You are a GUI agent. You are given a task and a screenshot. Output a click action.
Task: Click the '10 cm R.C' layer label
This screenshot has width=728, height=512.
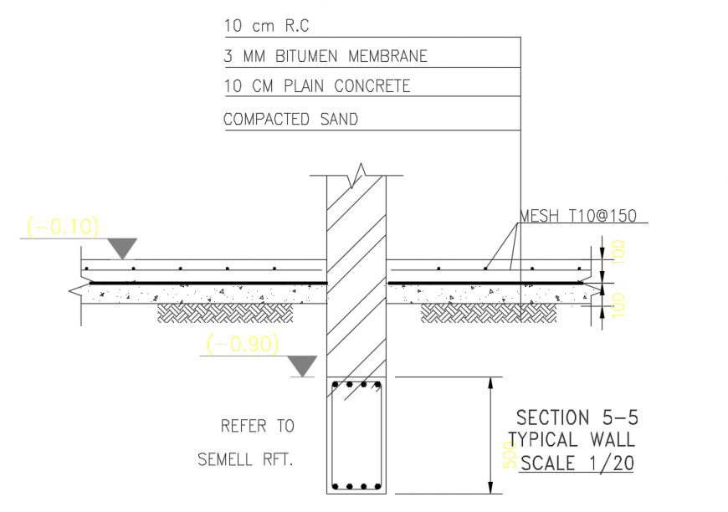[266, 26]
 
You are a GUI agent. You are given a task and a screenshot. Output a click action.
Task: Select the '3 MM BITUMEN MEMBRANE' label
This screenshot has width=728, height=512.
[326, 57]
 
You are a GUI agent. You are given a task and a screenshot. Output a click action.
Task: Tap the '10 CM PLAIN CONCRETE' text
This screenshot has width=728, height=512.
[317, 86]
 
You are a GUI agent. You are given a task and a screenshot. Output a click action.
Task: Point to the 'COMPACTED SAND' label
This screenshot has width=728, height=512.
[290, 120]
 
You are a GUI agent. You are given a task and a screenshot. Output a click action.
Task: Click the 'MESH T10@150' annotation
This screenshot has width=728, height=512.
[578, 216]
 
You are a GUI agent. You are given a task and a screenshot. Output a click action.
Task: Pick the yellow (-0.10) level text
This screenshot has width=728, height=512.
[63, 227]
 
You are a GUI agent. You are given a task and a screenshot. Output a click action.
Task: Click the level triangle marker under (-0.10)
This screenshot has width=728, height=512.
[123, 247]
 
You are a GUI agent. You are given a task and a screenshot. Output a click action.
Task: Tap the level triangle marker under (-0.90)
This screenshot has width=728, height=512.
[302, 365]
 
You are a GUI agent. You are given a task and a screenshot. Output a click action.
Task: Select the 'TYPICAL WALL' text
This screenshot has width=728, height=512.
[572, 440]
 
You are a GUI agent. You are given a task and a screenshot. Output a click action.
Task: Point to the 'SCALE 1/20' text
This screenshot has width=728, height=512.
[577, 463]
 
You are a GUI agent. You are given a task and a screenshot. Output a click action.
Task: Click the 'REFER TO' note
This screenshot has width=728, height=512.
[258, 426]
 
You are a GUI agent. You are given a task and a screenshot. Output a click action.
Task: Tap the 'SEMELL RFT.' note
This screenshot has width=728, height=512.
[246, 459]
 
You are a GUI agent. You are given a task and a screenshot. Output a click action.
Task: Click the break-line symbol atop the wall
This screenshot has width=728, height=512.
[360, 175]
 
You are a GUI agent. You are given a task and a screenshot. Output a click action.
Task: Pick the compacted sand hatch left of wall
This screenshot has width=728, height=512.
[227, 313]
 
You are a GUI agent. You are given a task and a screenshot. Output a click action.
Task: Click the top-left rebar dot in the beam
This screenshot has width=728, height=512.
[336, 386]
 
